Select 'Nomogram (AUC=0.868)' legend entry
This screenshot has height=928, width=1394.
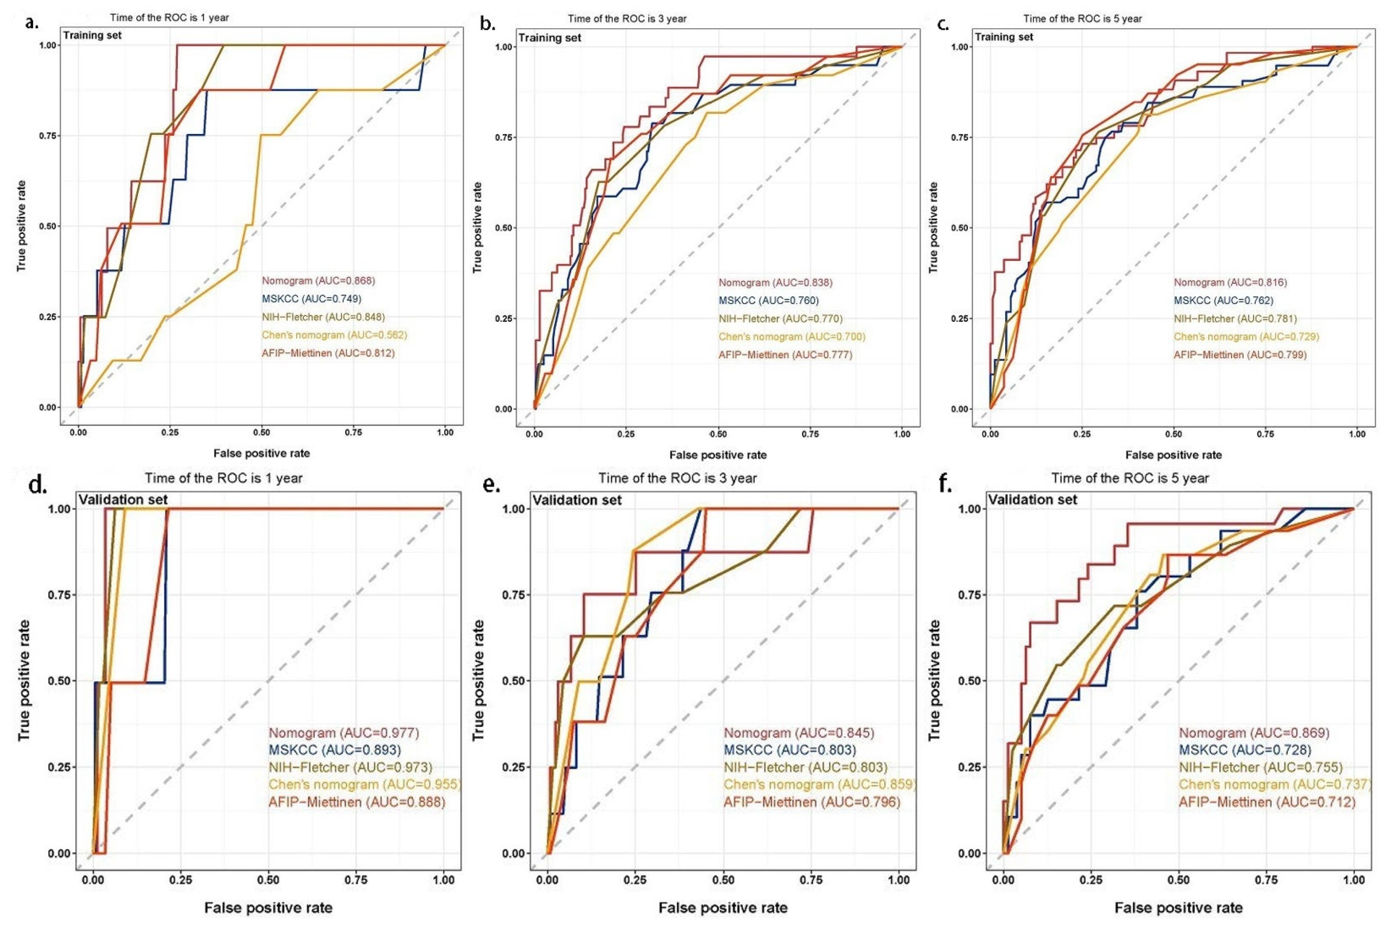coord(319,281)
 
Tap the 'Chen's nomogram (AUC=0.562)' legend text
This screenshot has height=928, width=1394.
coord(334,335)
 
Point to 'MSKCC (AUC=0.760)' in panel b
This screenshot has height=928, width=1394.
coord(768,301)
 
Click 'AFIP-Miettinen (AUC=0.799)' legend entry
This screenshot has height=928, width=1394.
coord(1240,355)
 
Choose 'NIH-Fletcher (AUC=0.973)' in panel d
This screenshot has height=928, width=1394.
coord(350,767)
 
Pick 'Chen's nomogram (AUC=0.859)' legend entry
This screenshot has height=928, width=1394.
coord(819,785)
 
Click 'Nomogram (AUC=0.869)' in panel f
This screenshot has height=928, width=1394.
coord(1254,733)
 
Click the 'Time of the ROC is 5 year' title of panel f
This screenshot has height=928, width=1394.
coord(1129,478)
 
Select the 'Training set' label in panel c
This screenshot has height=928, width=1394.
coord(1004,37)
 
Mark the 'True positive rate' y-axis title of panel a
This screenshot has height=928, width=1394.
coord(22,226)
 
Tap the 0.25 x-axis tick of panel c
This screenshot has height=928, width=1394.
coord(1082,434)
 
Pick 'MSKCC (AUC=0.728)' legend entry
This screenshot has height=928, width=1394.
coord(1244,750)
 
